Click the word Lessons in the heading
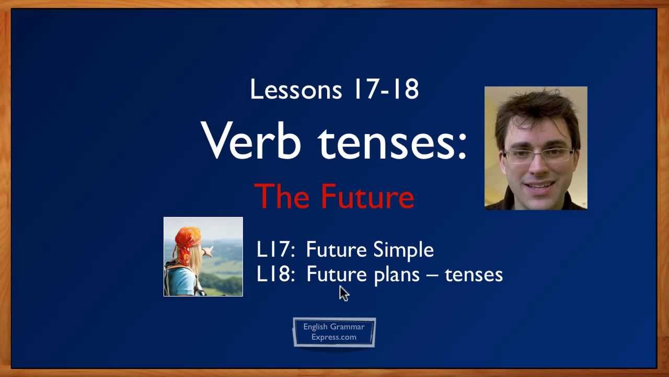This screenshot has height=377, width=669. (x=295, y=90)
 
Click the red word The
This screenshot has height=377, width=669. (x=282, y=197)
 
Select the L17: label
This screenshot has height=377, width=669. (x=275, y=250)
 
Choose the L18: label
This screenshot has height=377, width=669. (x=275, y=274)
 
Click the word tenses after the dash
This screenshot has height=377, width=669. (x=473, y=274)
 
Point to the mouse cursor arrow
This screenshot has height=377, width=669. (x=343, y=293)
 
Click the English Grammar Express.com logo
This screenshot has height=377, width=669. (x=334, y=332)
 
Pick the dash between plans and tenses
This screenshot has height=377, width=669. (x=432, y=274)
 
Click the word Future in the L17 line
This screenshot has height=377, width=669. (x=336, y=250)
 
